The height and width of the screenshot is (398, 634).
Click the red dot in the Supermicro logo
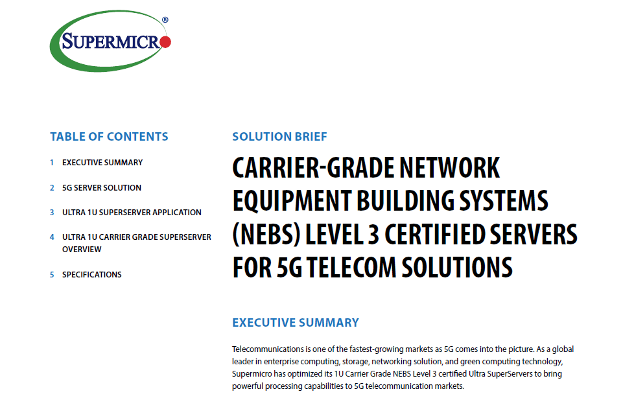pos(165,41)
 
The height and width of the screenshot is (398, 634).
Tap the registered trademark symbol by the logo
pos(165,20)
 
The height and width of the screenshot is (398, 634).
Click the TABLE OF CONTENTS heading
pos(109,137)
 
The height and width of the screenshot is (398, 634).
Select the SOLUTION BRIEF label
pos(279,137)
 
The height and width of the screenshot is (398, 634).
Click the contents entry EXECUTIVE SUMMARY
pos(102,163)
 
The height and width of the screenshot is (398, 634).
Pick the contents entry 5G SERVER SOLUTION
pos(102,188)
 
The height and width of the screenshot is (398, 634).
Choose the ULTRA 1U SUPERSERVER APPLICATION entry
pos(132,213)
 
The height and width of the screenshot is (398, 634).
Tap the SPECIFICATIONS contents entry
pos(92,275)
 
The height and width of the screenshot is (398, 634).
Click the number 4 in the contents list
pos(52,237)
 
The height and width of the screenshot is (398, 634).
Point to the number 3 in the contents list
pos(52,213)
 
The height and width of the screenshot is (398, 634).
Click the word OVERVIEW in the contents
pos(82,250)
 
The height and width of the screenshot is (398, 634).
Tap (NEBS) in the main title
pos(266,235)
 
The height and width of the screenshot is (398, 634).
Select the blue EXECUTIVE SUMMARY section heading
pos(296,323)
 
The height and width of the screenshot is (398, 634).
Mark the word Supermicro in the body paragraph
pos(252,374)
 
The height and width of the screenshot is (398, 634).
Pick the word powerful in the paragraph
pos(247,386)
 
